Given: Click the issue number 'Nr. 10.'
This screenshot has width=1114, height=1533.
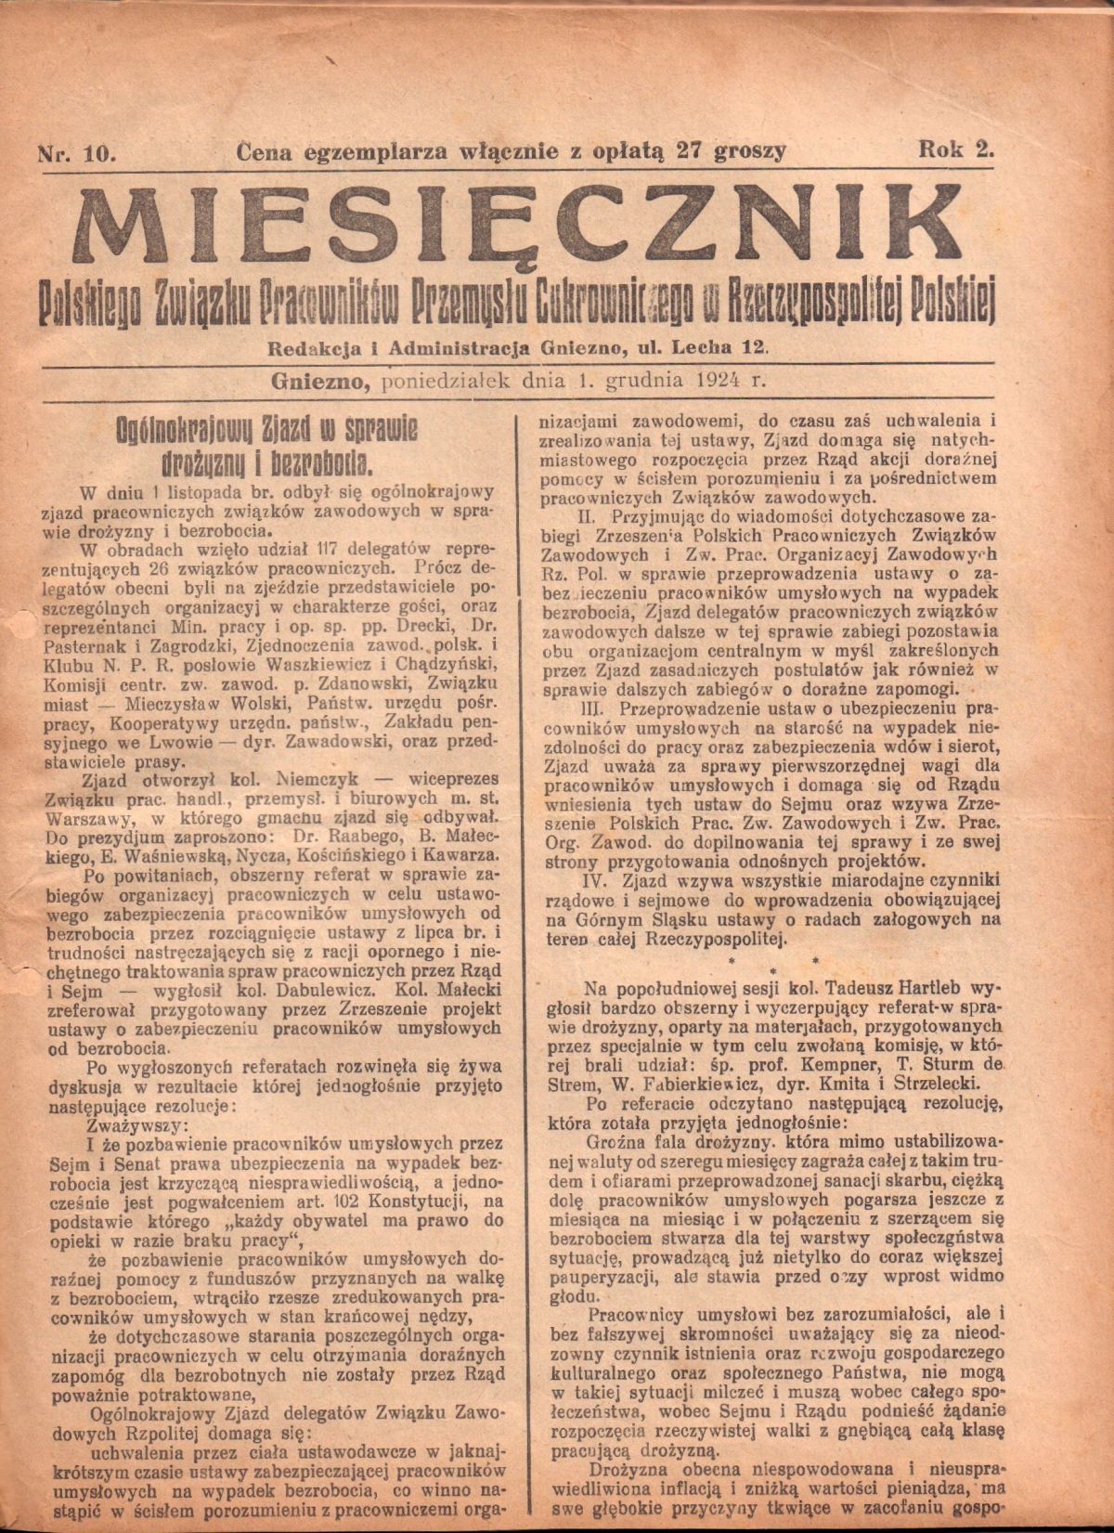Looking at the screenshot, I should pos(75,151).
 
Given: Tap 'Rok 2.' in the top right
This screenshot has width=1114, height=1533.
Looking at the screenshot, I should pos(955,149).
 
